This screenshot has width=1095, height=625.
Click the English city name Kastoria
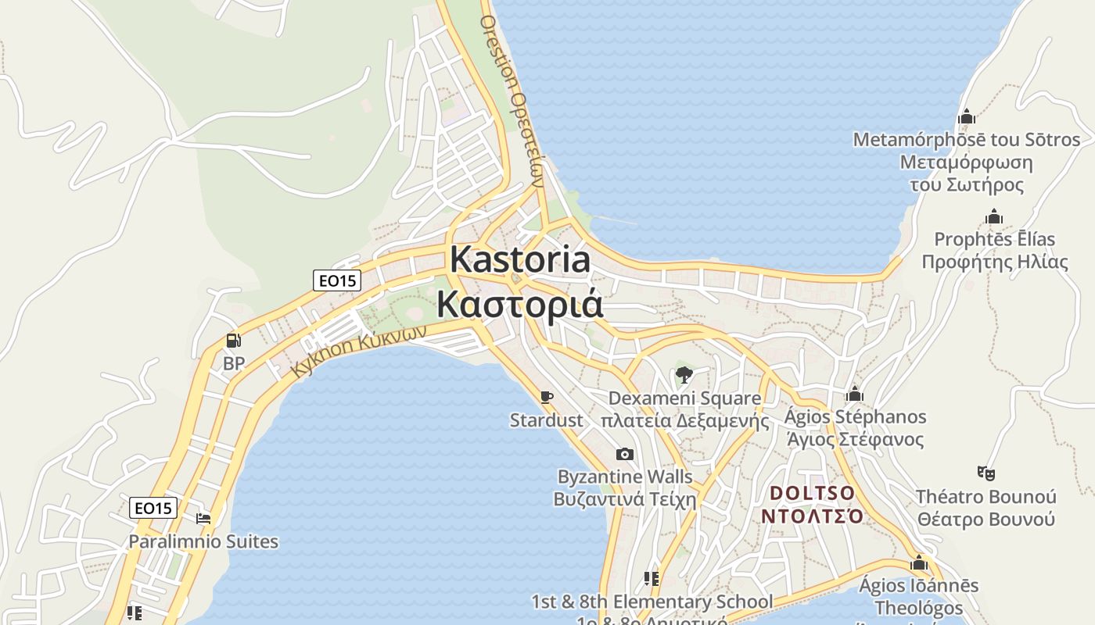[x=520, y=259]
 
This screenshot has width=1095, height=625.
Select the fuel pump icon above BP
[x=233, y=341]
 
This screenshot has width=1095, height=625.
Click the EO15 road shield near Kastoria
[x=336, y=280]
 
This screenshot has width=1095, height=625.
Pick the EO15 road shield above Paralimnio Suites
[x=153, y=508]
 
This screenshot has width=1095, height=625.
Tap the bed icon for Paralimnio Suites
[x=203, y=518]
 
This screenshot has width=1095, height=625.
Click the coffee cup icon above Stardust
[x=547, y=397]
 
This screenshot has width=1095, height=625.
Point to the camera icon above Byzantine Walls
[x=624, y=454]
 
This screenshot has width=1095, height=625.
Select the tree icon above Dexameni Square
[x=684, y=374]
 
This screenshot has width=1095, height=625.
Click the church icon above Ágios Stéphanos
[x=855, y=394]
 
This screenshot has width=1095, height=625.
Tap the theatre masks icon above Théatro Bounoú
[x=985, y=473]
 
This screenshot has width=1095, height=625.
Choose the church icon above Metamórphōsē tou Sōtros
[x=967, y=117]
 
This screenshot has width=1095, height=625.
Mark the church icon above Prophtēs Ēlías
[x=994, y=216]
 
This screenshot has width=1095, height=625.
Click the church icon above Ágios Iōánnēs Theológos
[x=919, y=562]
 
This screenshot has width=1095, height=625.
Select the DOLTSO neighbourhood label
[x=813, y=494]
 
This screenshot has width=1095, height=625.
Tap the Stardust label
[x=546, y=420]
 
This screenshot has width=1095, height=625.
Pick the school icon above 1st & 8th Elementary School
[x=651, y=579]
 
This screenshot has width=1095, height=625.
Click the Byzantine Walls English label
[x=624, y=477]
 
